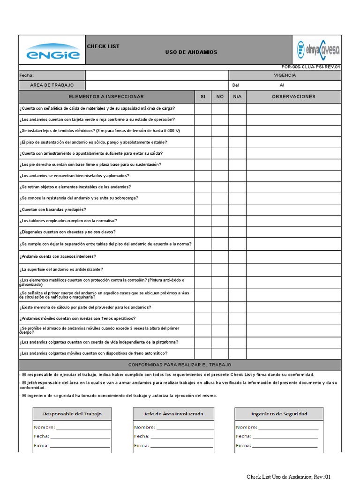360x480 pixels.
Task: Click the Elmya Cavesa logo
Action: point(318,49)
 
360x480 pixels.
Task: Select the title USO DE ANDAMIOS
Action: point(191,52)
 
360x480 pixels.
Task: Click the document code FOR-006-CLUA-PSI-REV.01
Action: point(311,67)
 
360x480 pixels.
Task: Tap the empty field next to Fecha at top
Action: point(157,75)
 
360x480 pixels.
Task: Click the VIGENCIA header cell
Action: point(285,75)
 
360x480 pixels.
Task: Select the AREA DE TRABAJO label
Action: point(52,85)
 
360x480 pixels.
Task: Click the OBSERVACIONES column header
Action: point(293,97)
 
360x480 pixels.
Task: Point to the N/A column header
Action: point(237,97)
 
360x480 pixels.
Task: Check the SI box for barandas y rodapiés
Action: point(202,210)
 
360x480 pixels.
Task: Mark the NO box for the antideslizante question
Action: point(220,270)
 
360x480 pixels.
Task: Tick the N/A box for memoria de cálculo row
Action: point(237,307)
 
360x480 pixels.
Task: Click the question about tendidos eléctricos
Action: point(100,131)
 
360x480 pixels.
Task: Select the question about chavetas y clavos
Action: point(67,232)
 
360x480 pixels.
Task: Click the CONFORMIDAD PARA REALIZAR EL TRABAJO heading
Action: point(180,365)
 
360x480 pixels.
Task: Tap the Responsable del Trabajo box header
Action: point(72,414)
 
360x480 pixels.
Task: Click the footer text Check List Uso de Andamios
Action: point(289,477)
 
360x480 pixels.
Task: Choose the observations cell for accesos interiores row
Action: point(293,256)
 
